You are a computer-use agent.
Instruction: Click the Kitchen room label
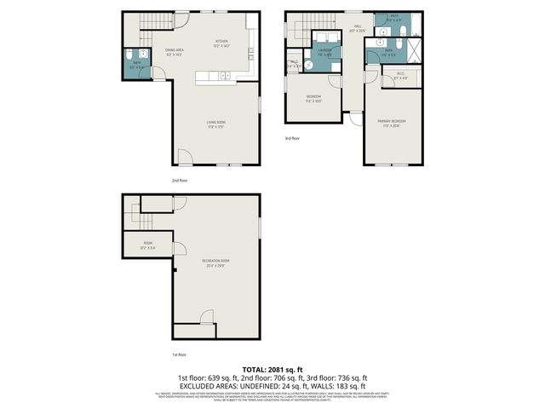click(221, 42)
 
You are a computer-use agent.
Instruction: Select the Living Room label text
click(215, 122)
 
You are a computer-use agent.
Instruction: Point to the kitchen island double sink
click(225, 77)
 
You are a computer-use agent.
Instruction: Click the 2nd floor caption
click(180, 181)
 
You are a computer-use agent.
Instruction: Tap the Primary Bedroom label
click(392, 122)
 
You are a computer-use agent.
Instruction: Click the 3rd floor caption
click(293, 138)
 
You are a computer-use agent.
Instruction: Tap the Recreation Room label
click(215, 261)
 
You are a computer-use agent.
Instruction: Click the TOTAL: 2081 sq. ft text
click(272, 368)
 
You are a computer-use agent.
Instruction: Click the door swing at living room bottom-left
click(185, 158)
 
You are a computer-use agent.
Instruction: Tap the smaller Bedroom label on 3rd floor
click(313, 97)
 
